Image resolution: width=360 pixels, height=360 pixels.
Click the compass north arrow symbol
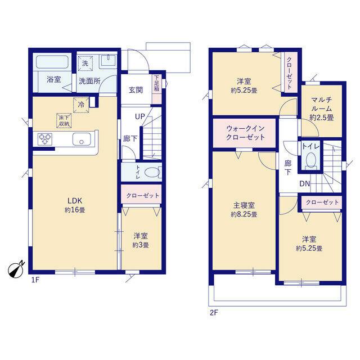click(x=16, y=269)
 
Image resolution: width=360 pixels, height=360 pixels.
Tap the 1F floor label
click(x=35, y=280)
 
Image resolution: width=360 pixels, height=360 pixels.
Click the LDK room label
click(x=75, y=201)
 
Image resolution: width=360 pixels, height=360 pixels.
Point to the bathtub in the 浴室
click(x=52, y=62)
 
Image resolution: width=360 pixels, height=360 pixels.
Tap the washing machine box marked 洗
click(x=85, y=63)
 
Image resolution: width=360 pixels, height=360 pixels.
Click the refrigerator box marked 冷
click(x=81, y=105)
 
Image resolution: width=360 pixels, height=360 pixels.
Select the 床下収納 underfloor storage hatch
click(x=64, y=120)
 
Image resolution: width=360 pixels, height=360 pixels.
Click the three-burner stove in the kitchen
click(x=45, y=139)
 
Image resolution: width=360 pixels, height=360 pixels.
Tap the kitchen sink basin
click(x=82, y=139)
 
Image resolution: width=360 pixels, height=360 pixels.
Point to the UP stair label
click(x=140, y=116)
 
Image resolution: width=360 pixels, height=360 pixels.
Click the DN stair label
click(x=305, y=183)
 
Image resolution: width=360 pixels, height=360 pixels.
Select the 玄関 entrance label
click(x=136, y=90)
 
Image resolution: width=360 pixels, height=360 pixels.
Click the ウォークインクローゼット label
click(x=245, y=133)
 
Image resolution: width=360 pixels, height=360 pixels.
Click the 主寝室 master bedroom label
click(x=244, y=205)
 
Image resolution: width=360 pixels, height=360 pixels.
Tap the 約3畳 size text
click(x=141, y=245)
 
